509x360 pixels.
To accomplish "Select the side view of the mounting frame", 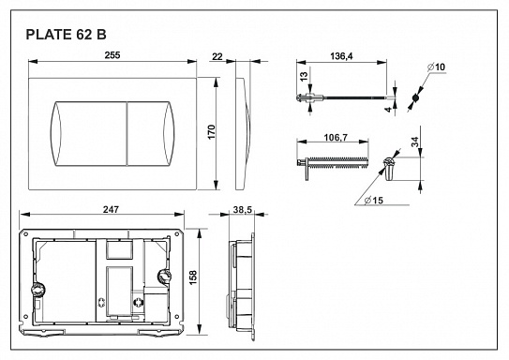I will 243,281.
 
